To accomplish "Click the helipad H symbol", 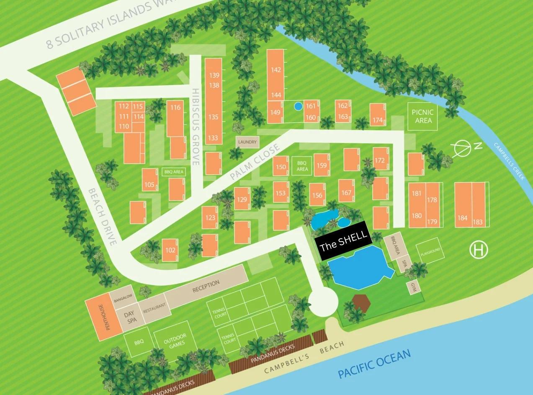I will point(479,250).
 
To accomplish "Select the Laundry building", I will point(247,142).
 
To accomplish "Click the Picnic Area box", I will point(422,116).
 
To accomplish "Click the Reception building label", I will point(206,287).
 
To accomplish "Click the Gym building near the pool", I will point(414,288).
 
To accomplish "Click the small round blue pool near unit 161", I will point(298,106).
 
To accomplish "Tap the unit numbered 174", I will point(377,120).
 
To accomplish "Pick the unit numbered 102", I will point(170,250).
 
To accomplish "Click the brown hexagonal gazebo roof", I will point(360,303).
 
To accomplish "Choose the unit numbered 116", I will point(175,108).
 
